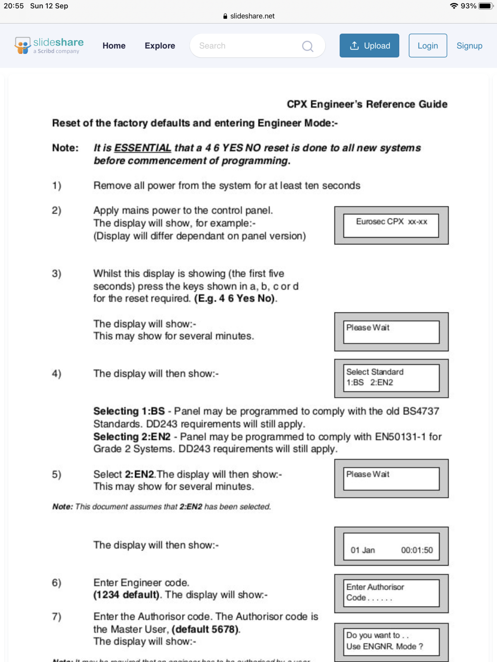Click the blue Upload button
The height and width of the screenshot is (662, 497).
[369, 46]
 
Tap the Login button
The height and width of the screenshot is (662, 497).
[427, 46]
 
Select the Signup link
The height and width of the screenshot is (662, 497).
[469, 46]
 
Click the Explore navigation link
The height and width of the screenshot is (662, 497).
[160, 46]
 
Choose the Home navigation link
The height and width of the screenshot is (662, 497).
[114, 46]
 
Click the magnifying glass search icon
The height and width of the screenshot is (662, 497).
[307, 46]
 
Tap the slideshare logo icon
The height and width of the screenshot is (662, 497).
[22, 45]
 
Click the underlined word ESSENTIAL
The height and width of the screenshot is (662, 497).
[142, 148]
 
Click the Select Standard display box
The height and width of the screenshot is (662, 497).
[391, 377]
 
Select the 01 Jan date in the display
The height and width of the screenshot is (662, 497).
[363, 550]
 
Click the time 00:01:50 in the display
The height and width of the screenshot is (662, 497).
[417, 550]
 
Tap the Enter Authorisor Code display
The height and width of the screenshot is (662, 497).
[391, 592]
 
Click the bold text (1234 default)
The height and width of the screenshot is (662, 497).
[127, 595]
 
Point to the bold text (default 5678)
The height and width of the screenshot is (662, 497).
[206, 629]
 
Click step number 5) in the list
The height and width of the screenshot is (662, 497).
[57, 474]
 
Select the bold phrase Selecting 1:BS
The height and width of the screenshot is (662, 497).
[129, 411]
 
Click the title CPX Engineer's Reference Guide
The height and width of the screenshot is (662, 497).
[367, 104]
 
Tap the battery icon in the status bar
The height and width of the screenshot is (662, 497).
[485, 6]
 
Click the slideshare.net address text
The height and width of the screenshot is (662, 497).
[252, 16]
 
